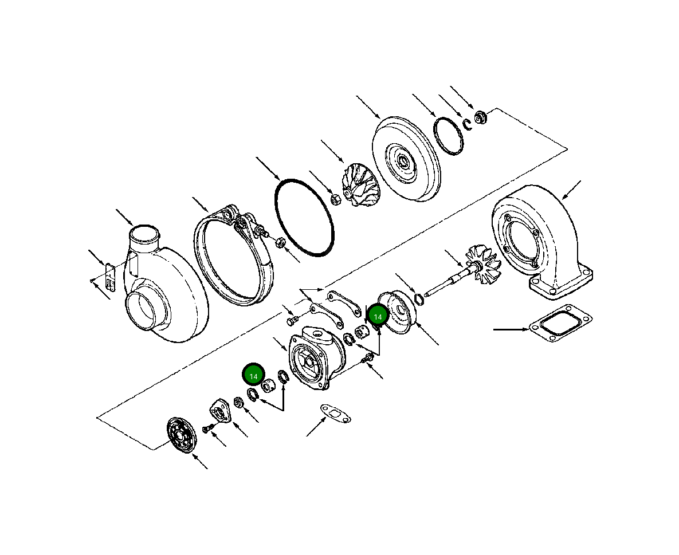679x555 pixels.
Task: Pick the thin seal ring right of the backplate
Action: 448,136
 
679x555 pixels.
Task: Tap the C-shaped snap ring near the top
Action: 468,124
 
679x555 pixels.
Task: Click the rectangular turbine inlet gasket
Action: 559,325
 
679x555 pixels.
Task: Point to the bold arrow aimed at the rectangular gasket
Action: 510,329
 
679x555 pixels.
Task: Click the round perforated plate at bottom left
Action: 180,434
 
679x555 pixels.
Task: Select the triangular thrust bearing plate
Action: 219,412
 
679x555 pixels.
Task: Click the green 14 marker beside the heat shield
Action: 378,316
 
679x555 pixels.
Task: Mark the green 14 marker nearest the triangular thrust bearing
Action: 253,375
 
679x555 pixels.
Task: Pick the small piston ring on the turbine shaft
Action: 419,298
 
